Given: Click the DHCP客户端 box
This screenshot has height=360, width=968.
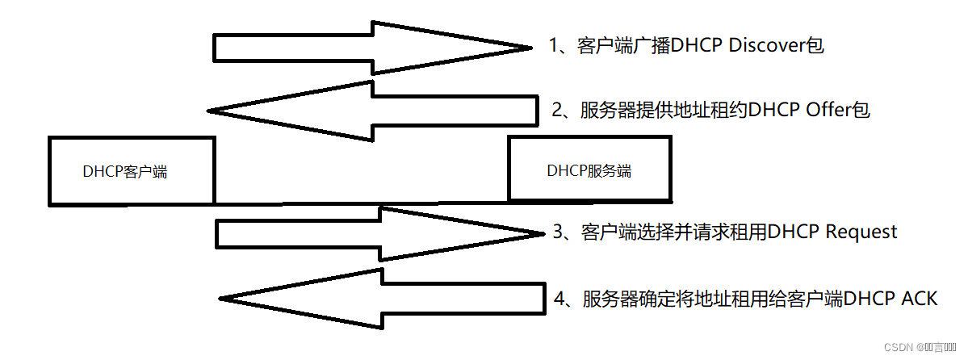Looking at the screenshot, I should [x=132, y=170].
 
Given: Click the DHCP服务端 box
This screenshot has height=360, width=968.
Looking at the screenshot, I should [x=589, y=170].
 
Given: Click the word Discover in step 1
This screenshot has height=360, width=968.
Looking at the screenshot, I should [x=768, y=45].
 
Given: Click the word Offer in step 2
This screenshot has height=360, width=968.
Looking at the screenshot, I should [x=829, y=110].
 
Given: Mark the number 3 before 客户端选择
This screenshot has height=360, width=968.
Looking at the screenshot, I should [x=559, y=232].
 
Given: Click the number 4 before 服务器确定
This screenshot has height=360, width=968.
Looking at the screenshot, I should [x=559, y=299].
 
